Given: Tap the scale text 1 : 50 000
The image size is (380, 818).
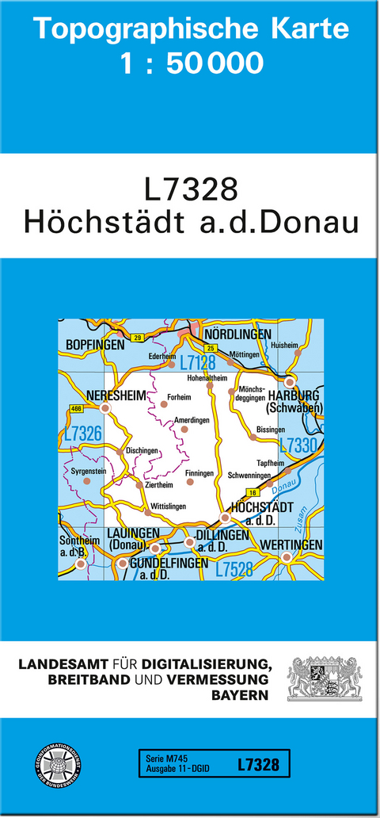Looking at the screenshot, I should (x=191, y=63).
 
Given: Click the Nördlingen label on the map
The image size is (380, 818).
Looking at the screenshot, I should (x=237, y=334).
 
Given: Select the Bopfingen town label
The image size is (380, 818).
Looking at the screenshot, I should (x=91, y=346).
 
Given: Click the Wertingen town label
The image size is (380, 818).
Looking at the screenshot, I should (x=291, y=545).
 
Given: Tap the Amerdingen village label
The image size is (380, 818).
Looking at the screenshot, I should (x=194, y=420).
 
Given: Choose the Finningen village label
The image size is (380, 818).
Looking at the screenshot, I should (x=199, y=473).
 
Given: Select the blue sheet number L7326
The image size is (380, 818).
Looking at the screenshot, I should (x=82, y=434).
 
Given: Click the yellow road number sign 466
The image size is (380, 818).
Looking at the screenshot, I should (x=76, y=409).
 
